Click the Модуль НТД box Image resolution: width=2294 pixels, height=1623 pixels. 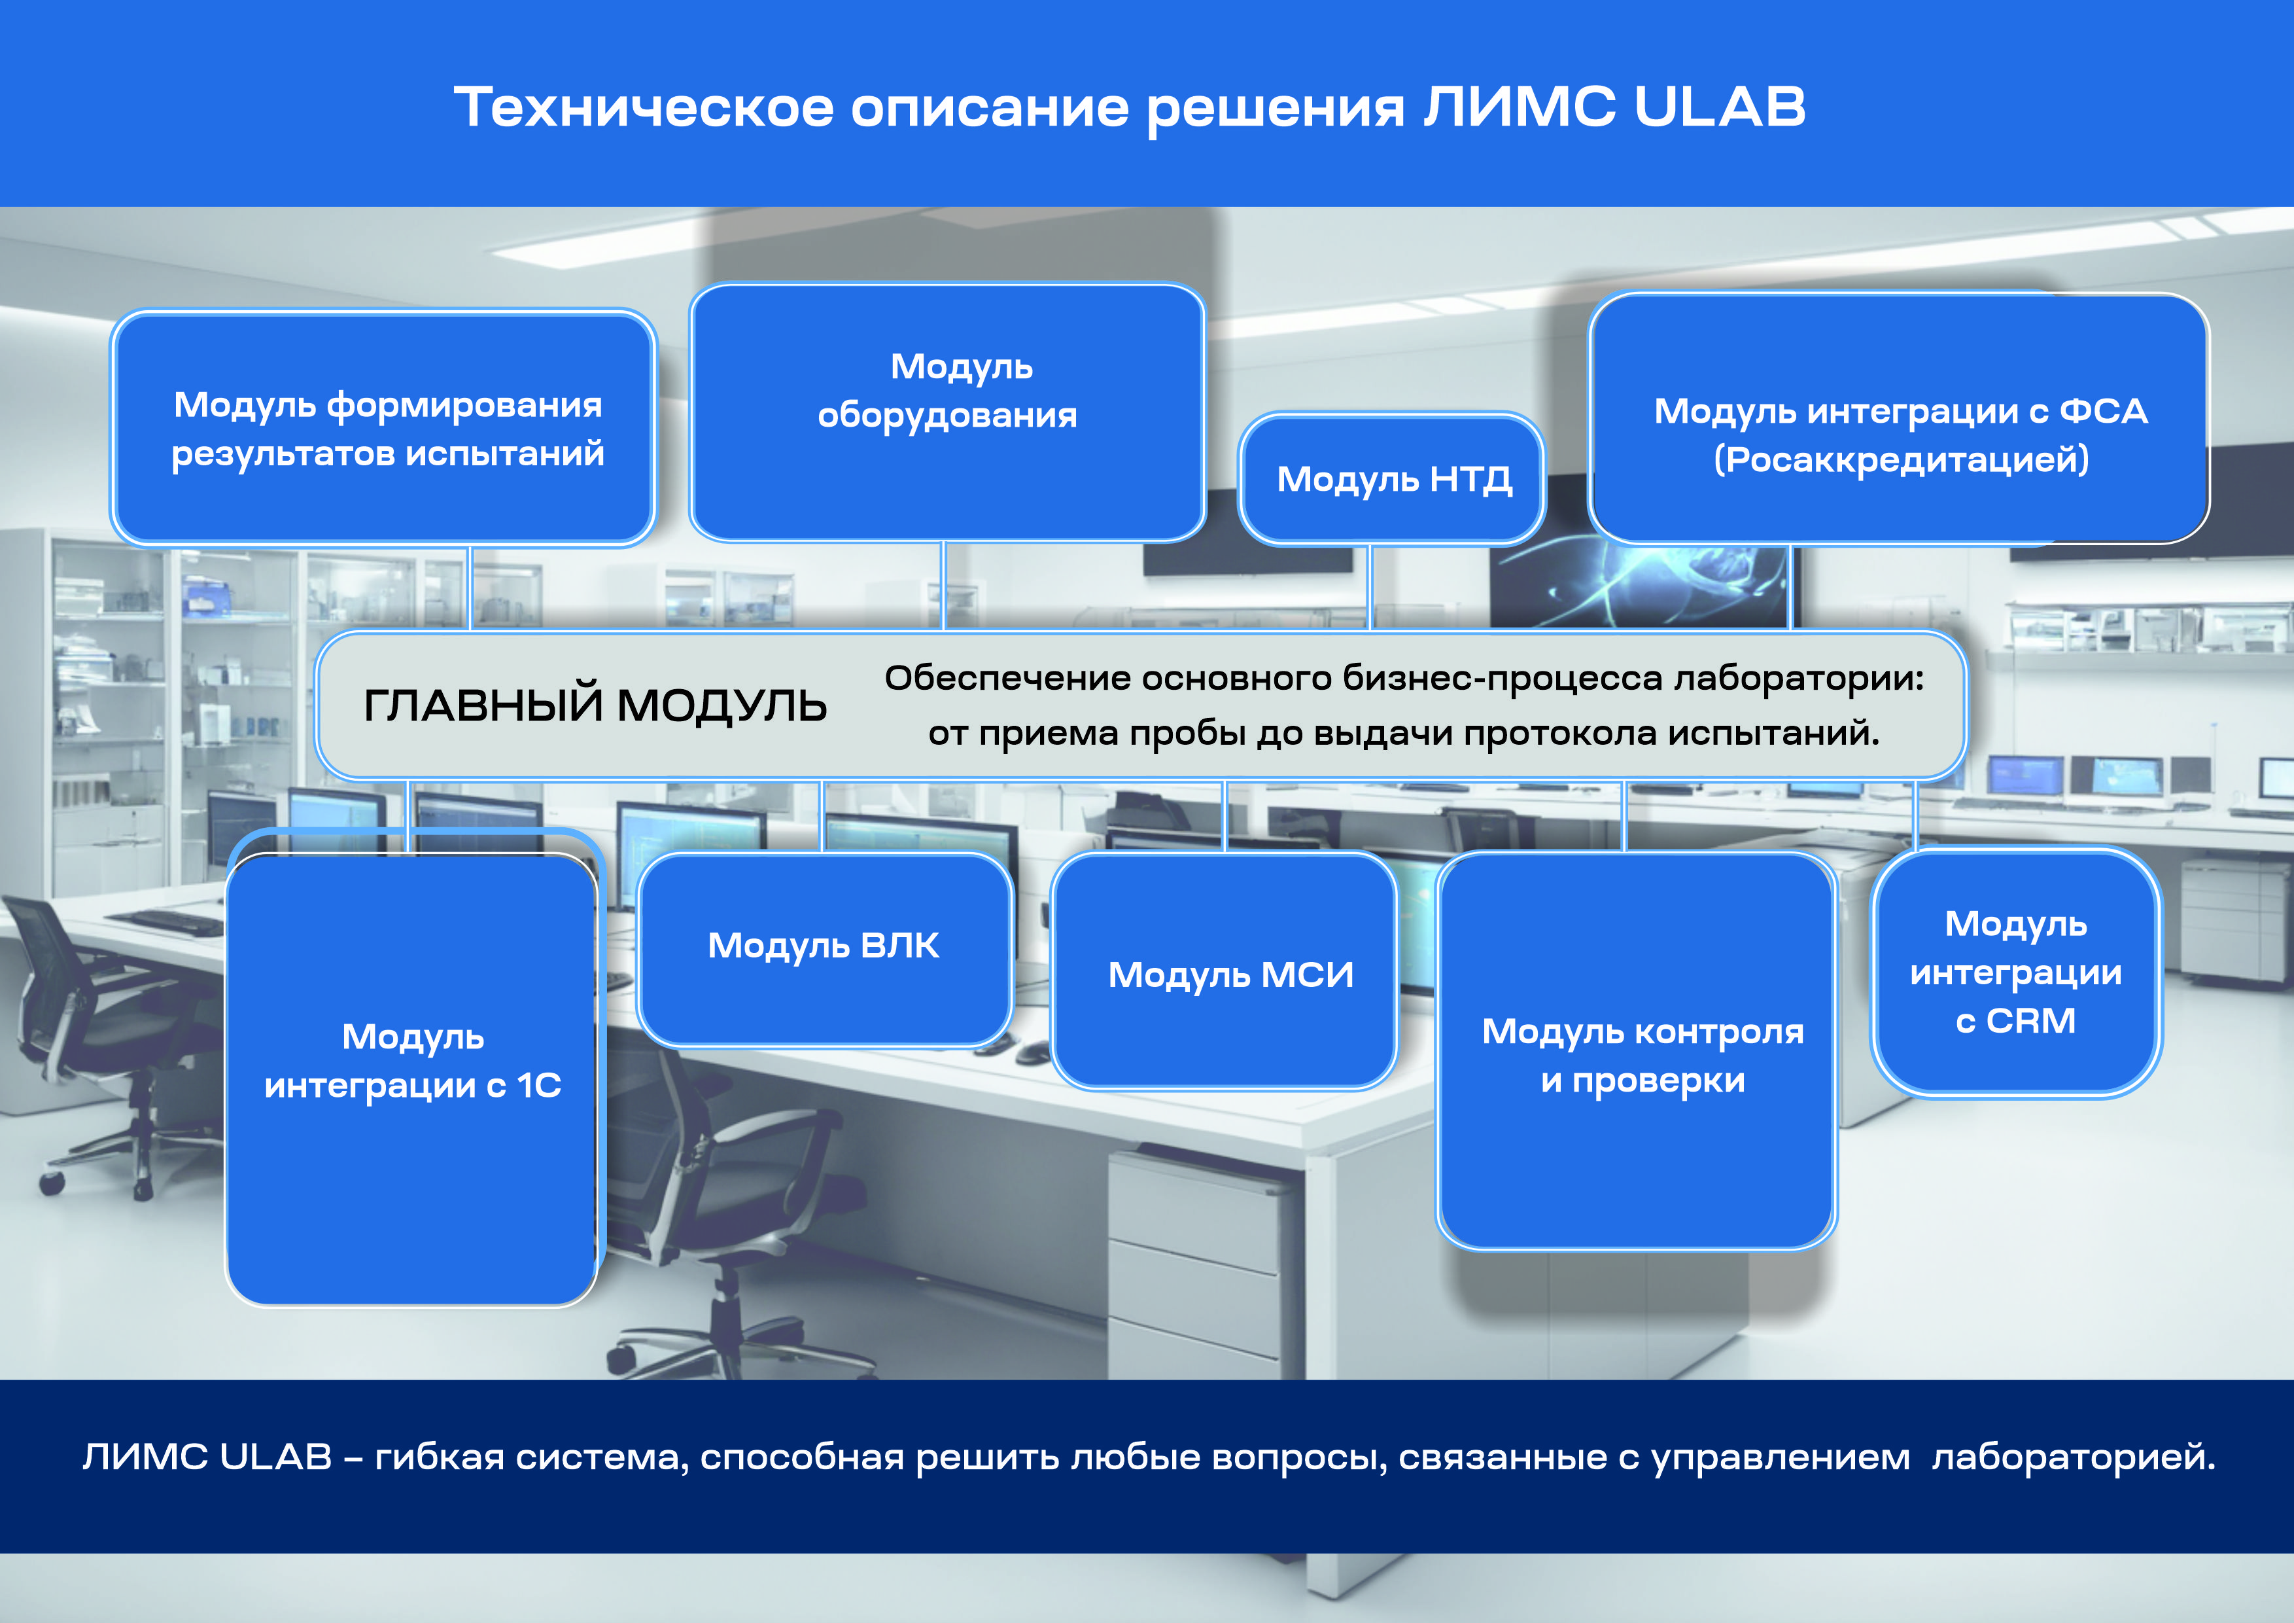(x=1392, y=478)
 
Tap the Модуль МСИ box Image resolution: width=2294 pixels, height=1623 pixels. (x=1224, y=971)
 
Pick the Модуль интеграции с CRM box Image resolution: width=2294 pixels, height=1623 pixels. (x=2016, y=972)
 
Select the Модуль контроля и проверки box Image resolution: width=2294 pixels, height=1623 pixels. (x=1637, y=1052)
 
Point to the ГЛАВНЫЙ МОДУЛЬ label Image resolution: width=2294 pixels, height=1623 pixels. (x=595, y=705)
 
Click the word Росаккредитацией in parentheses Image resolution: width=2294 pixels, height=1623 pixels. (x=1902, y=459)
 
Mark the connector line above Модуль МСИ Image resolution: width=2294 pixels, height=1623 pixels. (x=1225, y=815)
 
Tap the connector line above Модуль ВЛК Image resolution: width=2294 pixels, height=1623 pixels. (x=822, y=815)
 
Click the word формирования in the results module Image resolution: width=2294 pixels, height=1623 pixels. (x=464, y=406)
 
